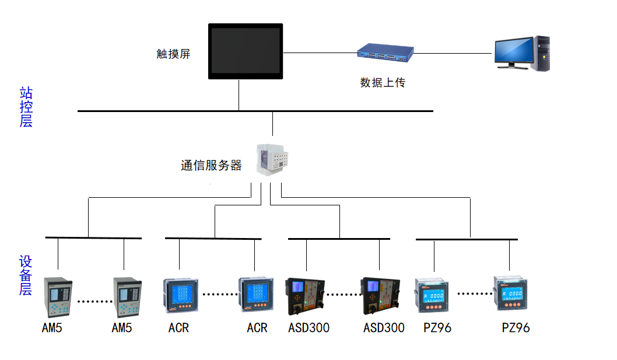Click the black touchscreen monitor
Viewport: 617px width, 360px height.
point(246,51)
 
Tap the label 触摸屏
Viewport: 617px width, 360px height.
point(173,54)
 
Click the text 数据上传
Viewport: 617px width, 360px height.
point(383,83)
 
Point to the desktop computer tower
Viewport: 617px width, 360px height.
point(542,53)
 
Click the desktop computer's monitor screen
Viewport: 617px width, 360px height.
point(513,50)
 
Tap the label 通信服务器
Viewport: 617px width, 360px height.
point(211,166)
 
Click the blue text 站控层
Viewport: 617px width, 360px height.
point(26,107)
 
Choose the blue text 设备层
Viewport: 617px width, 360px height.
point(26,275)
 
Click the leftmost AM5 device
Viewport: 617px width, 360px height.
point(57,296)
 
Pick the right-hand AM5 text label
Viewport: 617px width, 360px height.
point(122,328)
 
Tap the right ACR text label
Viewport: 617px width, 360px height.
point(257,328)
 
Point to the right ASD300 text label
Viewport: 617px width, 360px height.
point(384,328)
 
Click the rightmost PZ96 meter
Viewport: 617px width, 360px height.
point(511,293)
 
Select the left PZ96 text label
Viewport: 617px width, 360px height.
point(437,328)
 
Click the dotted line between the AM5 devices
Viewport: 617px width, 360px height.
point(94,301)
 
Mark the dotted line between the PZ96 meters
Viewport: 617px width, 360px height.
point(472,293)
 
